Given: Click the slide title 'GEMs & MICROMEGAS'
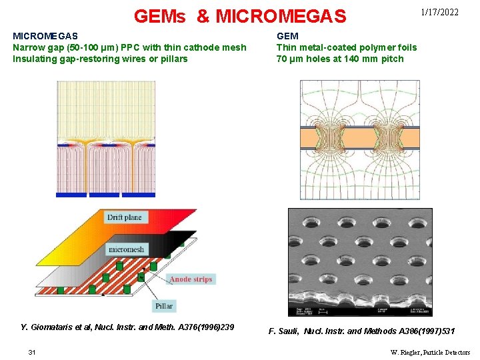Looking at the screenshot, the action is pyautogui.click(x=240, y=15).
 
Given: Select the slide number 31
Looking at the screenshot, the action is pyautogui.click(x=31, y=352).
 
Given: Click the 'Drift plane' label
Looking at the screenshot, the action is pyautogui.click(x=124, y=218).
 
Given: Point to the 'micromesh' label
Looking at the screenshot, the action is pyautogui.click(x=126, y=249).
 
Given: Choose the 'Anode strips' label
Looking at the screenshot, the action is pyautogui.click(x=191, y=279).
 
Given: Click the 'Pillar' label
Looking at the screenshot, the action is pyautogui.click(x=164, y=306).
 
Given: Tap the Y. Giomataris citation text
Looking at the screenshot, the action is pyautogui.click(x=127, y=327).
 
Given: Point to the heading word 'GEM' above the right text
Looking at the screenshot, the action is pyautogui.click(x=287, y=36).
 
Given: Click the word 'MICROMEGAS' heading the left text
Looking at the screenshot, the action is pyautogui.click(x=45, y=36).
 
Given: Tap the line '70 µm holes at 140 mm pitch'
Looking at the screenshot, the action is pyautogui.click(x=340, y=59).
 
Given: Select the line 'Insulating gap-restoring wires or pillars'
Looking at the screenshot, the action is pyautogui.click(x=100, y=59).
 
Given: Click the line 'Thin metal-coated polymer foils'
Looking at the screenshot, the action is pyautogui.click(x=347, y=47).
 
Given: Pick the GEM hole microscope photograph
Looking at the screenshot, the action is pyautogui.click(x=360, y=261).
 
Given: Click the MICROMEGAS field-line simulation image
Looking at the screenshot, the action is pyautogui.click(x=105, y=139).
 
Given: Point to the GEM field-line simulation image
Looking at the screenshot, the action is pyautogui.click(x=360, y=139).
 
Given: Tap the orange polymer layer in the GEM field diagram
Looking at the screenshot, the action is pyautogui.click(x=360, y=138).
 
